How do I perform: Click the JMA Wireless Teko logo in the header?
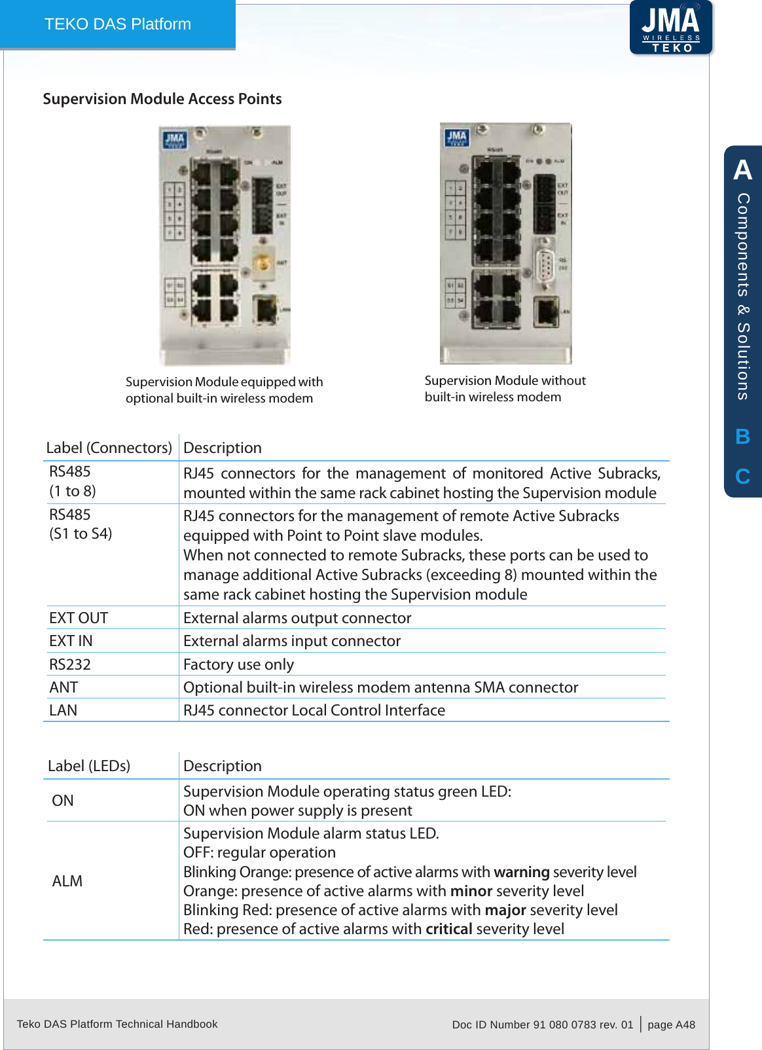coord(670,27)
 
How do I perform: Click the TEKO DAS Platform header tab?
coord(118,24)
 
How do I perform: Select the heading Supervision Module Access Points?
coord(162,99)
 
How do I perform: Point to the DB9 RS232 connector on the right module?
coord(544,265)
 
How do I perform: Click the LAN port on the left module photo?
coord(265,309)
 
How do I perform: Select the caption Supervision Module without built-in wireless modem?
coord(505,388)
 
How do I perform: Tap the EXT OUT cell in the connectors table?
coord(79,618)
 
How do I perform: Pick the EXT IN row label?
coord(71,641)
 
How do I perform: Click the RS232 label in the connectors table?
coord(70,664)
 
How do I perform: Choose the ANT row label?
coord(63,687)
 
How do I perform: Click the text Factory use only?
coord(238,664)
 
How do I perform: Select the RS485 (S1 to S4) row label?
coord(81,524)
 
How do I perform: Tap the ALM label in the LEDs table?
coord(67,881)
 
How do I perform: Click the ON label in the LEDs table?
coord(63,801)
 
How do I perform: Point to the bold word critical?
coord(448,929)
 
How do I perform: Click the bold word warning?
coord(521,872)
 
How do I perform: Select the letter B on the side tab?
coord(742,437)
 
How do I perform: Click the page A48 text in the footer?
coord(671,1024)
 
